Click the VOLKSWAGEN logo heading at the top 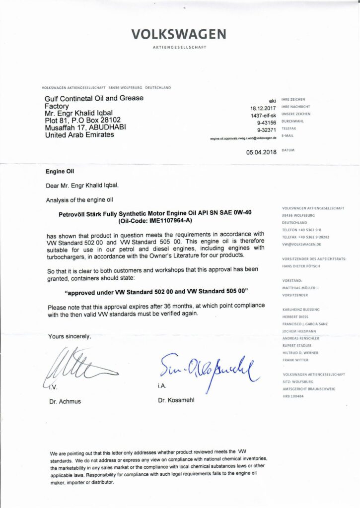pyautogui.click(x=179, y=34)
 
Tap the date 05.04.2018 pyautogui.click(x=261, y=153)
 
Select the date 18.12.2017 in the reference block pyautogui.click(x=263, y=108)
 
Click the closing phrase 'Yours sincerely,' pyautogui.click(x=70, y=336)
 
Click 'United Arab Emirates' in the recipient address pyautogui.click(x=79, y=135)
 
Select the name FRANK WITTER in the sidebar pyautogui.click(x=295, y=360)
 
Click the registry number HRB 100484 pyautogui.click(x=293, y=396)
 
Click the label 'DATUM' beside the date pyautogui.click(x=288, y=150)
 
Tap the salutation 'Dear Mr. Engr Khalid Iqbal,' pyautogui.click(x=82, y=186)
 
